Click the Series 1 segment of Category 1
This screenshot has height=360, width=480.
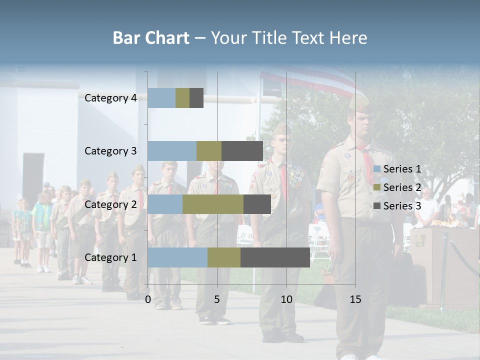click(x=177, y=257)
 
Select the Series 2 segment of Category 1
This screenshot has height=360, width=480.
click(x=224, y=257)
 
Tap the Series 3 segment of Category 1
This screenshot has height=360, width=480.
click(x=275, y=257)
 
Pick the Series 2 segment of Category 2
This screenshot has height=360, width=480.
click(x=213, y=204)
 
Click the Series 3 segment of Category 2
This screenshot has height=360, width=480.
click(x=257, y=204)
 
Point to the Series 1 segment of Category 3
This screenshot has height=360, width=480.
click(x=172, y=151)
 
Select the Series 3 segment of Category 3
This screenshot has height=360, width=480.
click(x=242, y=151)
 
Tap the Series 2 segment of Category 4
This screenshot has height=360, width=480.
click(x=182, y=98)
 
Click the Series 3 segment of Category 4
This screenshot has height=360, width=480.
click(x=196, y=98)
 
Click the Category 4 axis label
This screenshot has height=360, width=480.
click(x=110, y=98)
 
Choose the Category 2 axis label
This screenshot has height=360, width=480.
click(x=110, y=204)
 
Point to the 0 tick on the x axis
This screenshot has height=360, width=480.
click(x=148, y=299)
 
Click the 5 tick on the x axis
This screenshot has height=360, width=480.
click(x=217, y=299)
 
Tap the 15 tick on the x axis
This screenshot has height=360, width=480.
click(x=355, y=299)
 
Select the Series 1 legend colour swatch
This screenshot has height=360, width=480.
click(x=377, y=169)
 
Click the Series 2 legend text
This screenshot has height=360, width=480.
click(x=402, y=187)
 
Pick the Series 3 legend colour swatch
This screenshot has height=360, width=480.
click(x=377, y=206)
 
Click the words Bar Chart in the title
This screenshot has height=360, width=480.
click(x=151, y=37)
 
